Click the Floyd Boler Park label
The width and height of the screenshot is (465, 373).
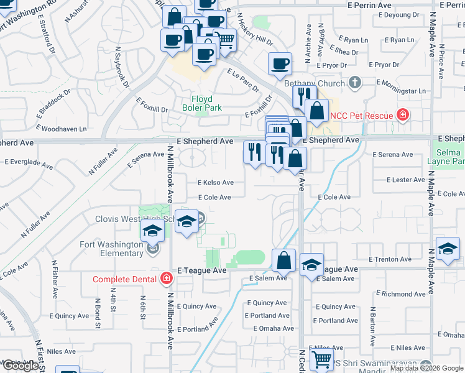coord(197,103)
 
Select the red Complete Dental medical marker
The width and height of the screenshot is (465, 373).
coord(167,279)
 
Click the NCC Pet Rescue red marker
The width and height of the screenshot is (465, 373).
coord(403,114)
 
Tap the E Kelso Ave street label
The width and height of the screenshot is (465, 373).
coord(216,183)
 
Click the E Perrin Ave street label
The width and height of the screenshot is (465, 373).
coord(369,5)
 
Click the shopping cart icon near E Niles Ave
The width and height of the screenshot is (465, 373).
coord(321,360)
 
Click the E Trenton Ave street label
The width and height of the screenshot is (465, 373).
coord(390,259)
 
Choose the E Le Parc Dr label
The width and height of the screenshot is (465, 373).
coord(242,80)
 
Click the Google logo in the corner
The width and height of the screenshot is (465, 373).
coord(21,366)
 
